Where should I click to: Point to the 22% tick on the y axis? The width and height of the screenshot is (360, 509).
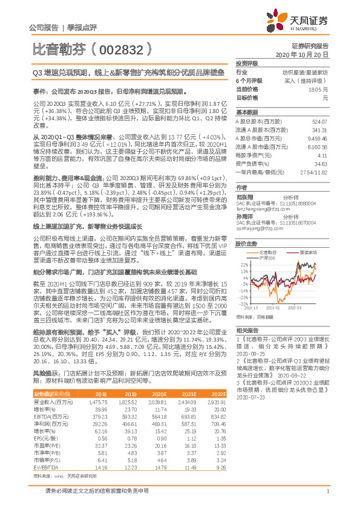(x=243, y=264)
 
